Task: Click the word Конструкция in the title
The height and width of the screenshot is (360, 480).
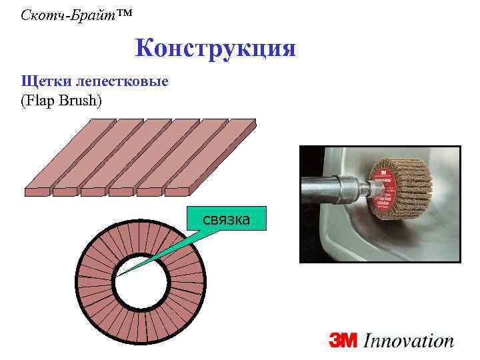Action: (215, 49)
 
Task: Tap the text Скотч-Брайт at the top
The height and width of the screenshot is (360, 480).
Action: (61, 13)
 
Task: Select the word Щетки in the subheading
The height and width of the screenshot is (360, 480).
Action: (42, 81)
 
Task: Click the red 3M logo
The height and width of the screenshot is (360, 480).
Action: (343, 341)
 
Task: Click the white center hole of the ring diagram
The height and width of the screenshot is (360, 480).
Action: (140, 285)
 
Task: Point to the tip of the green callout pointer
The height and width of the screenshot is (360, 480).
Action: (120, 274)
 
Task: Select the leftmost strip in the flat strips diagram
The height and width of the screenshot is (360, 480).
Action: (64, 156)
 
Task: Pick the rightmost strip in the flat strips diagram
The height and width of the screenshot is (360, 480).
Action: (213, 156)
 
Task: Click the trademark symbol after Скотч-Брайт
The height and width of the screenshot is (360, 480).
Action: (111, 12)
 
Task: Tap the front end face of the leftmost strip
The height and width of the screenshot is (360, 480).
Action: (37, 191)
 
